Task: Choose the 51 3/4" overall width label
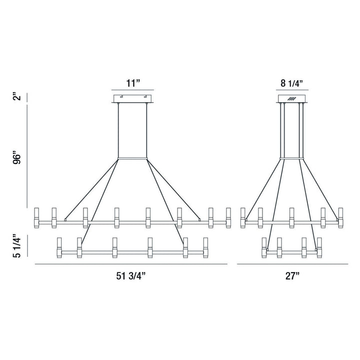(131, 275)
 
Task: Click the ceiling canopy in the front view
(132, 98)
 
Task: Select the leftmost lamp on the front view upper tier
(36, 216)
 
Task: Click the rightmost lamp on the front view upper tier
(228, 216)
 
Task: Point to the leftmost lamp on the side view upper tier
(243, 216)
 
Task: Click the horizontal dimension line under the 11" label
(132, 91)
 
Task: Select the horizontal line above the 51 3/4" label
(131, 263)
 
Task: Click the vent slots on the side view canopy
(292, 98)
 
